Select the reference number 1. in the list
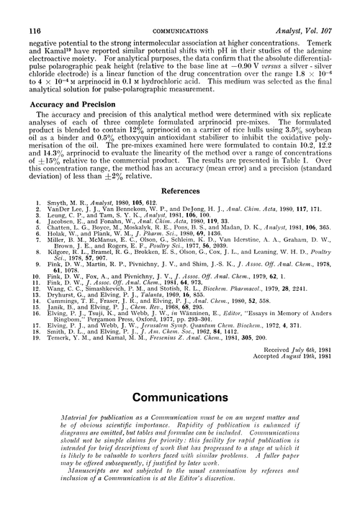(37, 204)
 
